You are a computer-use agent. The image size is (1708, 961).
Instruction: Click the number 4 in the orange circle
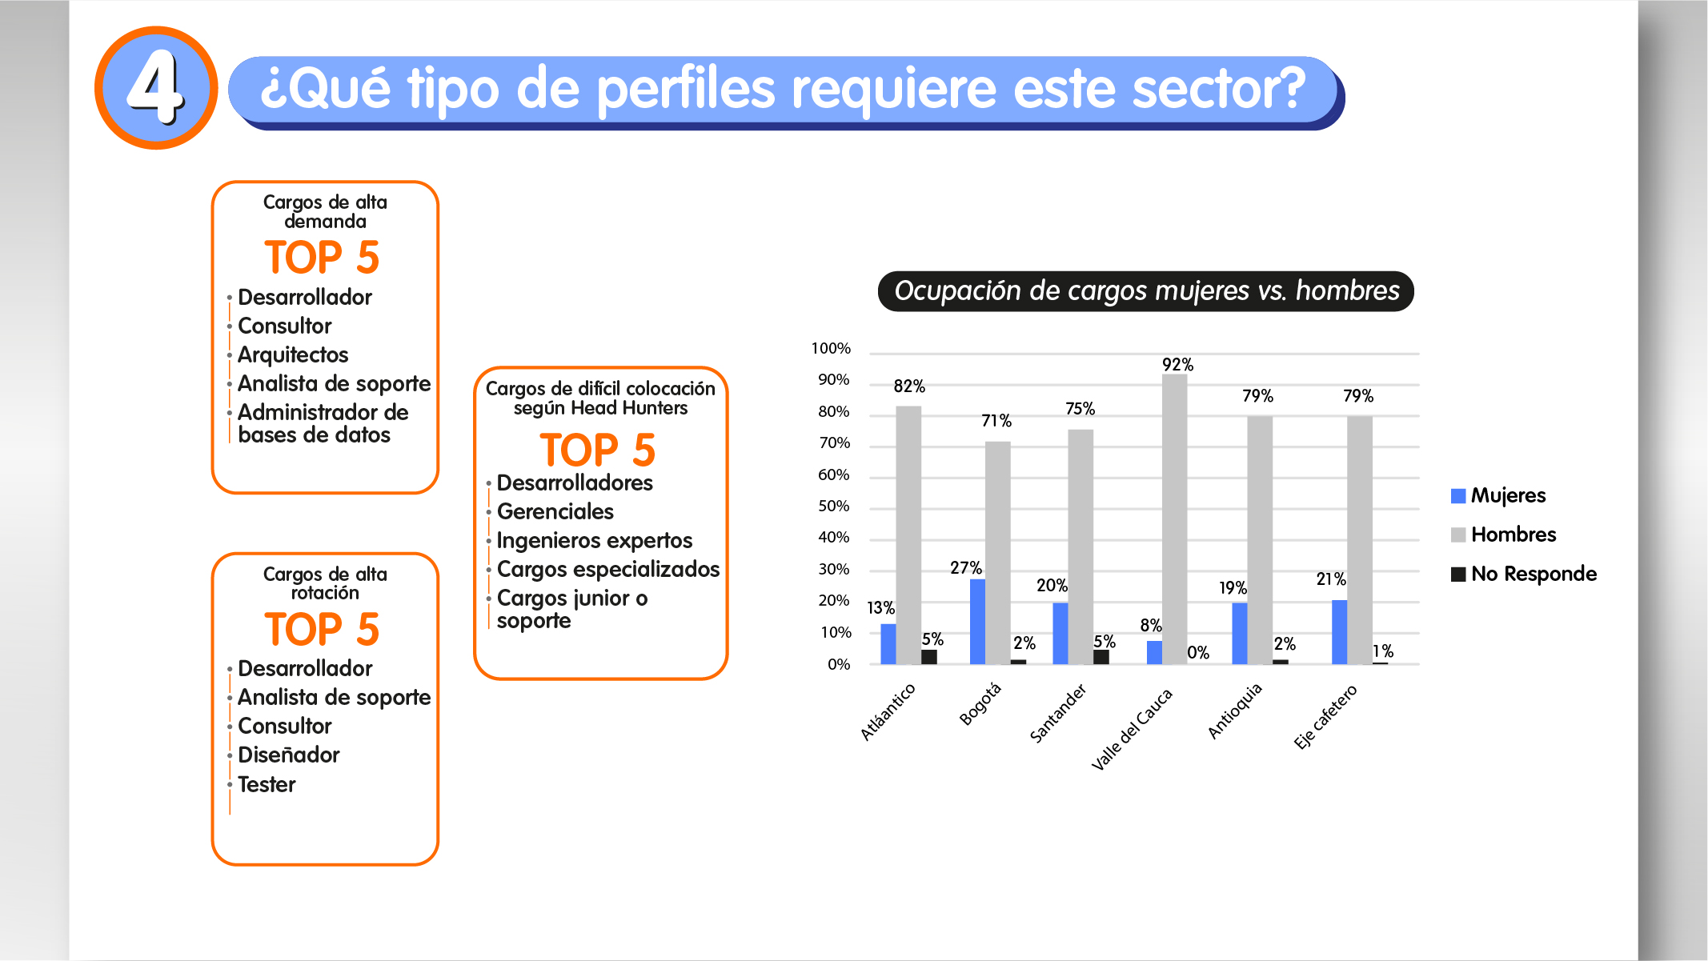click(x=156, y=87)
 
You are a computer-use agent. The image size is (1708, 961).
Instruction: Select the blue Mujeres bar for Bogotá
click(x=977, y=621)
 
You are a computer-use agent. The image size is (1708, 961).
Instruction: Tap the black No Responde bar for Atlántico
click(x=929, y=656)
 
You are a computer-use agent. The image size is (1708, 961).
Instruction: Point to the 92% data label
click(x=1177, y=365)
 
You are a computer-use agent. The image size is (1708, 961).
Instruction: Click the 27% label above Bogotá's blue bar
click(x=965, y=568)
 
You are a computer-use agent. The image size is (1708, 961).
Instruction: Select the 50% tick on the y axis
click(x=833, y=507)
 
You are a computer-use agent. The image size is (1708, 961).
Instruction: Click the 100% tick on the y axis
click(x=831, y=349)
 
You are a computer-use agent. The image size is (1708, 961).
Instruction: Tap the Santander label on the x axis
click(x=1057, y=714)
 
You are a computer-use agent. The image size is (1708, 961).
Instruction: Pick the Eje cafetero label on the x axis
click(x=1325, y=717)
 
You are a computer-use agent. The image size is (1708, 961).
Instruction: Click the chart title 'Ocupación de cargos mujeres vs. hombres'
click(x=1146, y=290)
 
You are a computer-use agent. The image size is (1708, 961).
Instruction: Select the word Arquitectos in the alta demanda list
click(x=293, y=354)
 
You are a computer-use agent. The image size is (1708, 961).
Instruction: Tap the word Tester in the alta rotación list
click(x=267, y=784)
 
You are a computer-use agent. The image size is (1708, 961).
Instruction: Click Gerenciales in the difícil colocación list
click(x=555, y=512)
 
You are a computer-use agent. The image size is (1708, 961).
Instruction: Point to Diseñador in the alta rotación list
click(x=288, y=755)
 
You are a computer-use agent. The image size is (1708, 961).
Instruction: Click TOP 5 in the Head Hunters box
click(x=598, y=450)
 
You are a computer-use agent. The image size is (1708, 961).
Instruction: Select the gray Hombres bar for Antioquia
click(x=1259, y=539)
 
